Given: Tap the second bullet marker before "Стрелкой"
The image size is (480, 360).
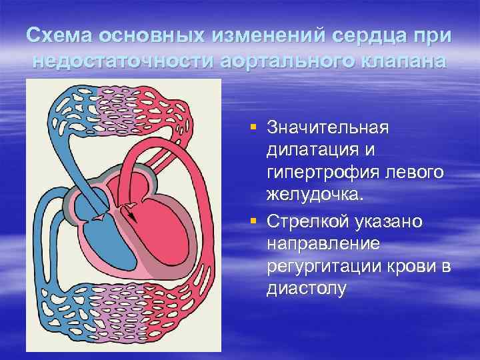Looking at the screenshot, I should pos(255,221).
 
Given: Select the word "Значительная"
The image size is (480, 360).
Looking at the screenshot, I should pos(327,127).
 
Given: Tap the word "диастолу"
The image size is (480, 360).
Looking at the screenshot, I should pos(306,290).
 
